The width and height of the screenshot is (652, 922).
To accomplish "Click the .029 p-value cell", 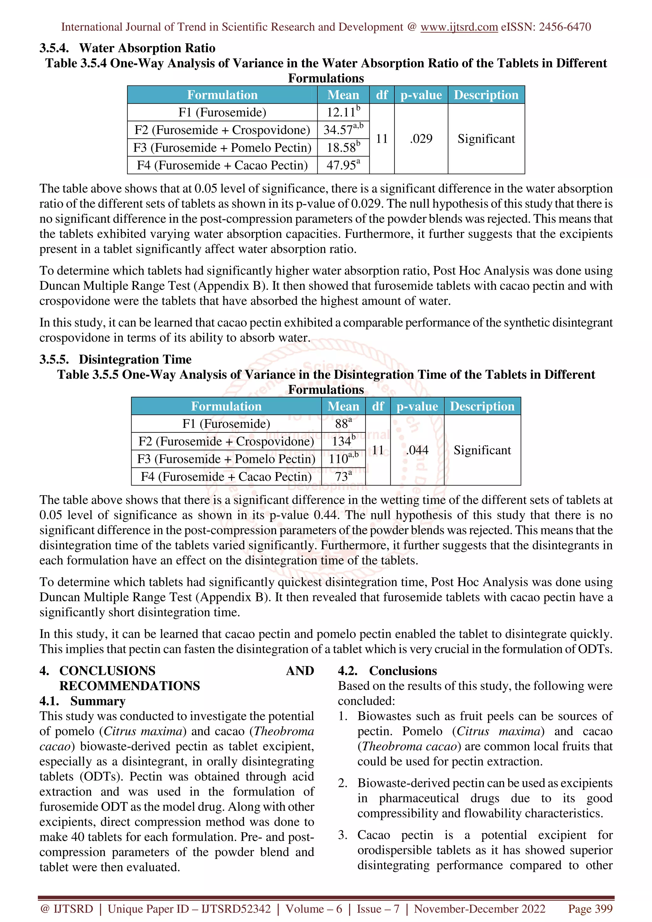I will [x=421, y=139].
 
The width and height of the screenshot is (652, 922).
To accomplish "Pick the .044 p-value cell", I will [x=417, y=450].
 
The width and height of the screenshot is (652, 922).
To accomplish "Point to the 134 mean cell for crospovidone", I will [x=343, y=441].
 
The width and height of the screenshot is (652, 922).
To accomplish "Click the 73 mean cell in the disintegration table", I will [x=343, y=477].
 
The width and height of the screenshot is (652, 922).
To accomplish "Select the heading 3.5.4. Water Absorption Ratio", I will [x=127, y=48].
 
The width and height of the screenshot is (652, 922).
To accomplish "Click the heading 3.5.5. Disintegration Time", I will [x=115, y=360].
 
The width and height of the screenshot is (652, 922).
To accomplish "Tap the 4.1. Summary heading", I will [x=82, y=701].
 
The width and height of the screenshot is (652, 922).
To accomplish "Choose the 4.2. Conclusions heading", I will [x=387, y=671].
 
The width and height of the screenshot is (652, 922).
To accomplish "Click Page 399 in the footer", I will [x=590, y=909].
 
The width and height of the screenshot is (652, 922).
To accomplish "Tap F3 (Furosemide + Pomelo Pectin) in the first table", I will [x=222, y=148].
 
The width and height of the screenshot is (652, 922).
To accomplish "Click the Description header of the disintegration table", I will [x=482, y=406].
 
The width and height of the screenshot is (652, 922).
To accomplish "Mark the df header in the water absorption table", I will [x=381, y=95].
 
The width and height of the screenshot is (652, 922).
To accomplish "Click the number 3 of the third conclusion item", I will [x=342, y=835].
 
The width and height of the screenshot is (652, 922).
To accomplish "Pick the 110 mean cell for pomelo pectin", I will [x=343, y=459].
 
